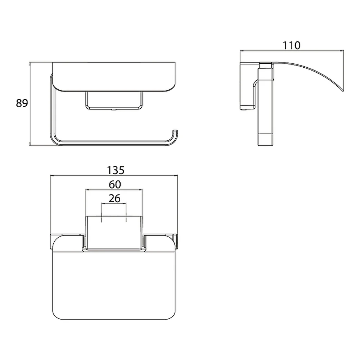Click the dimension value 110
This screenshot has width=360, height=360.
[x=291, y=45]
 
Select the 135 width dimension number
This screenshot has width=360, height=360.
[x=116, y=170]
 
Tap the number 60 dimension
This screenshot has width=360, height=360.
[x=115, y=184]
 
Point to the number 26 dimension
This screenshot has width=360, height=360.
[x=114, y=198]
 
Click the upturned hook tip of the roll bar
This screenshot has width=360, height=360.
[x=175, y=131]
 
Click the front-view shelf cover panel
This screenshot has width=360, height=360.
[x=114, y=77]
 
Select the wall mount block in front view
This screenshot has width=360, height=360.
[x=114, y=100]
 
